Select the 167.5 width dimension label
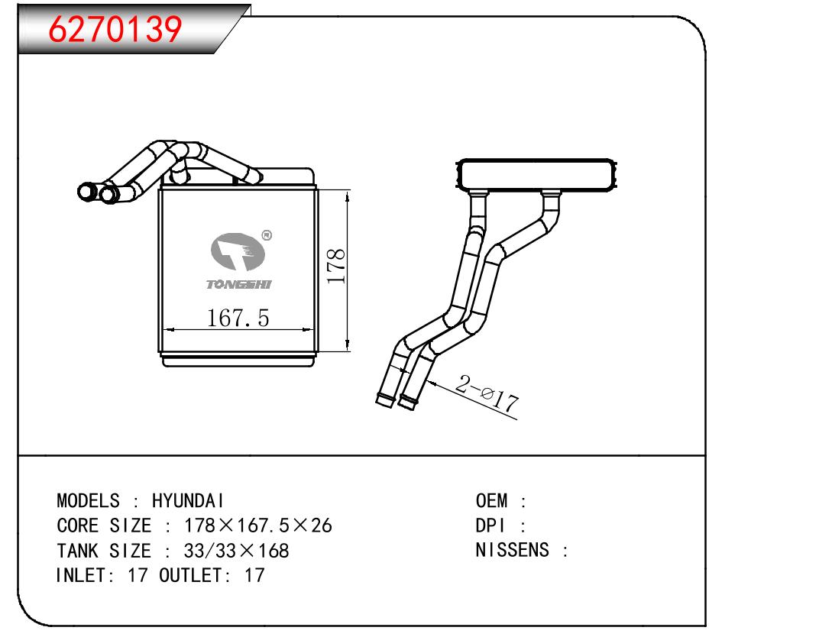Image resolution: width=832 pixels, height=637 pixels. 238,318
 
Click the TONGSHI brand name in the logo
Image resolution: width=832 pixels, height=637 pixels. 238,284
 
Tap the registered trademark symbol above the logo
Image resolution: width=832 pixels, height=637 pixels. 266,235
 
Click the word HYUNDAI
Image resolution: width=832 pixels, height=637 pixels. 188,501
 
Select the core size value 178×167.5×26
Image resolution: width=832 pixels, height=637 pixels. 258,526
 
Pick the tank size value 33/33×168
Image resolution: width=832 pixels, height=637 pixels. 237,551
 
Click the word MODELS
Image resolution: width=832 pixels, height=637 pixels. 88,501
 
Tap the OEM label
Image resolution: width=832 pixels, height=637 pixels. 492,501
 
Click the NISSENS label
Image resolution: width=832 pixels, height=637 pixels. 513,551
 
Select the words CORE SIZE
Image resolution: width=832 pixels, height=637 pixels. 105,526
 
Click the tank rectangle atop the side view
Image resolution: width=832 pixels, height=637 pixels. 536,175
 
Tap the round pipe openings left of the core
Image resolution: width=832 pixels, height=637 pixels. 98,192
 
